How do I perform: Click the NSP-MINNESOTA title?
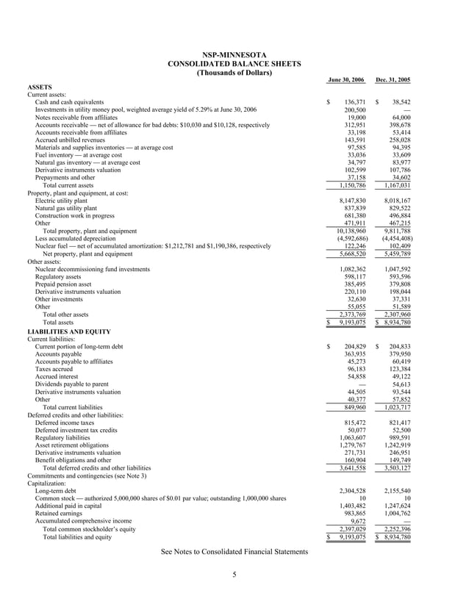click(x=234, y=55)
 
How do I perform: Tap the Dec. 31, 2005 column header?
click(x=393, y=79)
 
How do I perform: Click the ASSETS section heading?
click(x=41, y=87)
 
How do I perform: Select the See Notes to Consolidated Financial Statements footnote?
click(x=234, y=552)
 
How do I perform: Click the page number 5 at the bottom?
click(x=234, y=575)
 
